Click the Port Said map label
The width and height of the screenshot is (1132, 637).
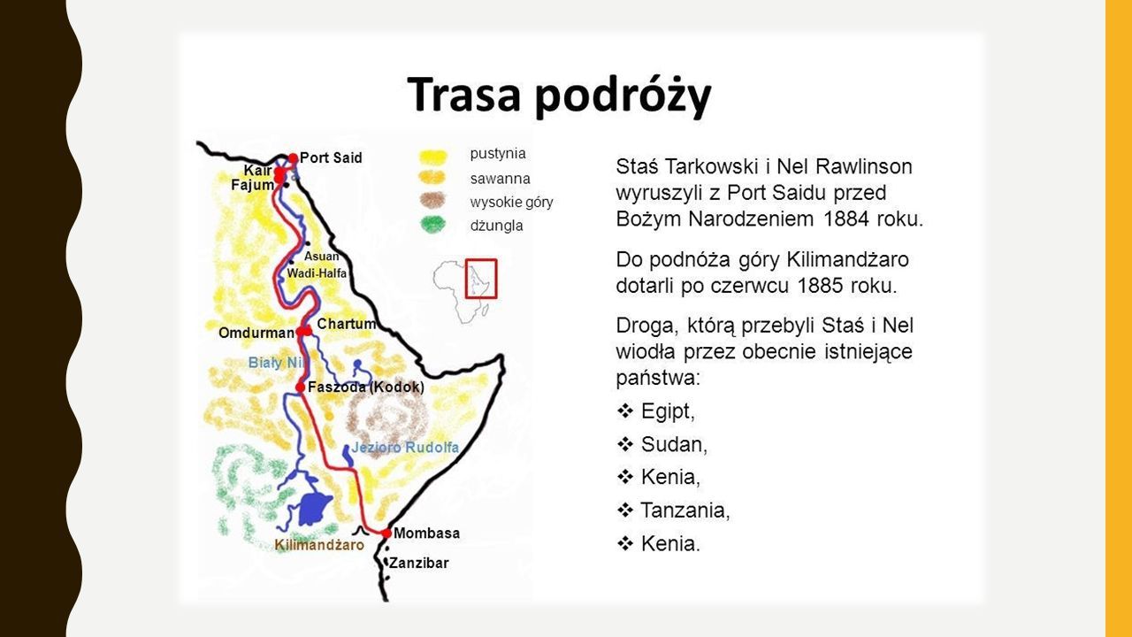tap(331, 157)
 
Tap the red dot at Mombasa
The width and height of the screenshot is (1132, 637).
tap(386, 533)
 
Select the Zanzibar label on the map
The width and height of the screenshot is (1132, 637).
tap(419, 564)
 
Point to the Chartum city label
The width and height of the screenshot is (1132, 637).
tap(347, 324)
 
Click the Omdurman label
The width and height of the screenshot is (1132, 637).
tap(256, 334)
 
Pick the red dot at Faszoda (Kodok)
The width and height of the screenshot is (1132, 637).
tap(300, 388)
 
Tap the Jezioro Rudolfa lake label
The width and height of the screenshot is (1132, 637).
tap(405, 448)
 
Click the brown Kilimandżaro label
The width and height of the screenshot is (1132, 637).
tap(319, 545)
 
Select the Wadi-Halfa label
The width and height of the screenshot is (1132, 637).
tap(317, 273)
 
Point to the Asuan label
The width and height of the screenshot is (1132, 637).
tap(321, 257)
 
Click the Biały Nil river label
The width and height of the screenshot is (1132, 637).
tap(278, 363)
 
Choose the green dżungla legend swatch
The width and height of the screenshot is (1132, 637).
tap(433, 225)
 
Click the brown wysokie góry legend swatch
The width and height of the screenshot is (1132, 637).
tap(432, 200)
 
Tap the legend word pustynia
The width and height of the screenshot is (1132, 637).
tap(498, 154)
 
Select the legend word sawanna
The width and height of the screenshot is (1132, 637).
tap(500, 179)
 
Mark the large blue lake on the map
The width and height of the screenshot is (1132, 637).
tap(314, 508)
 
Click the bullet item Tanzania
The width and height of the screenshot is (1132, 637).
tap(685, 510)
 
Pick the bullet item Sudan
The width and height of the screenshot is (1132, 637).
tap(674, 444)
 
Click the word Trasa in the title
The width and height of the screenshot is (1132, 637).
tap(463, 95)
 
